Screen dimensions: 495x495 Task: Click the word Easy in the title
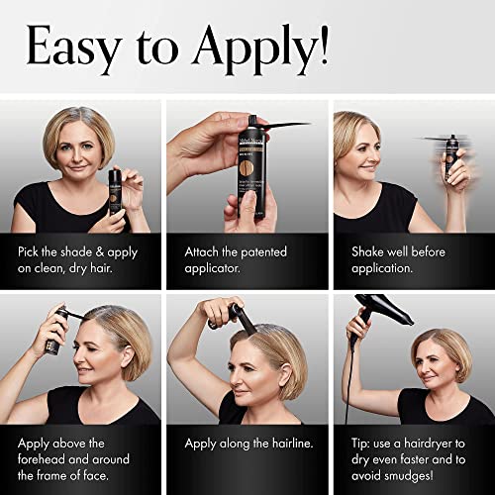click(x=76, y=46)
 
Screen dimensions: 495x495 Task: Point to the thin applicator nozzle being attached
click(x=283, y=124)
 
